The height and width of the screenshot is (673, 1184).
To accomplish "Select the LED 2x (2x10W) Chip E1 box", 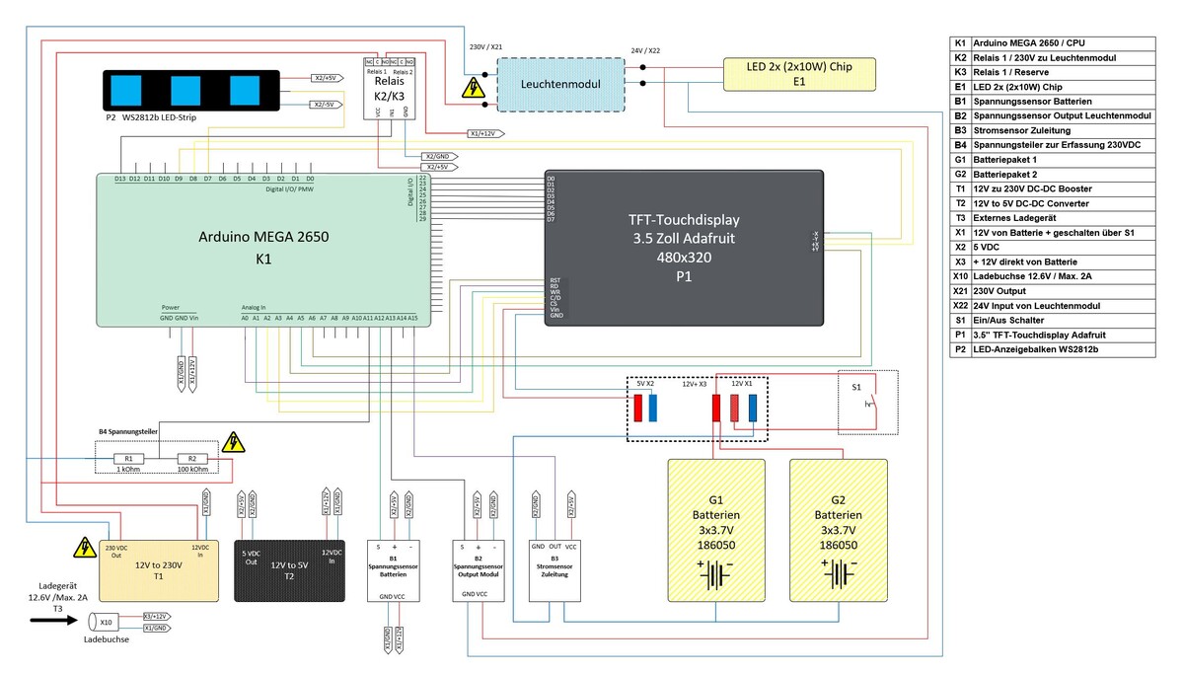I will point(799,72).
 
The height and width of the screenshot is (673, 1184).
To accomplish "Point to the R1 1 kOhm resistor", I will point(128,459).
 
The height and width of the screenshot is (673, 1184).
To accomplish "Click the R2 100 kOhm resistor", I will point(192,459).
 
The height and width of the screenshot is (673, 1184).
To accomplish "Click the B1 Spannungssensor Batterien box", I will point(393,571).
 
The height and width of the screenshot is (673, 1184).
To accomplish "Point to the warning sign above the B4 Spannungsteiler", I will point(234,441).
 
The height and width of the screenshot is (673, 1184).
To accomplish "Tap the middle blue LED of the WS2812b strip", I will point(186,91).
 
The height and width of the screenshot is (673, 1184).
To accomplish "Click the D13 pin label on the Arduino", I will point(119,179).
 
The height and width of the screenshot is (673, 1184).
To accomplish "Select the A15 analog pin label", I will point(412,319).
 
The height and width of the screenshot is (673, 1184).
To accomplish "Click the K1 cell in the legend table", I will point(959,44).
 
